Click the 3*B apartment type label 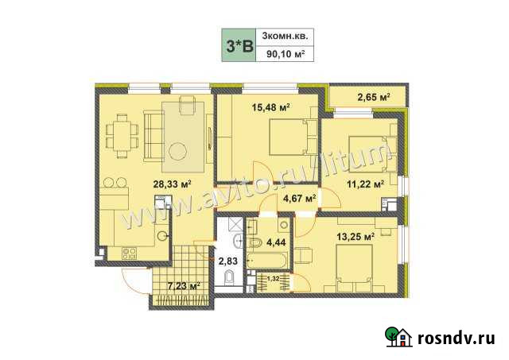[239, 45]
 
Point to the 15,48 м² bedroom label [270, 106]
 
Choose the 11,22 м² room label [366, 184]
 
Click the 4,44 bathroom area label [276, 242]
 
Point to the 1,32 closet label [272, 278]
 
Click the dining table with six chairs [122, 136]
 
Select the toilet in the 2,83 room [230, 278]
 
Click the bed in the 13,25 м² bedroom [356, 266]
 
